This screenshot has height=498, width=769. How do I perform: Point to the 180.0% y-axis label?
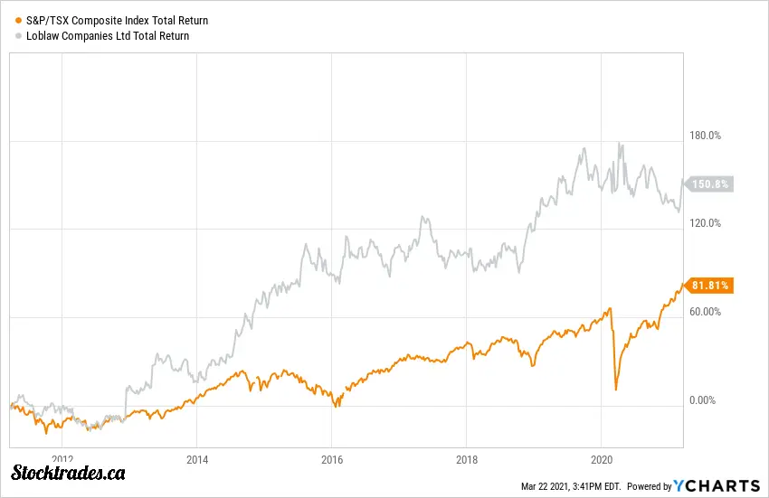(705, 136)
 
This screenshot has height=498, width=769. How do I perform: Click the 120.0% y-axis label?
(705, 223)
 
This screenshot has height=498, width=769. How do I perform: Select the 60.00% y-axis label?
(705, 312)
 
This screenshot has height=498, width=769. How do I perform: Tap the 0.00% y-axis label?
(707, 400)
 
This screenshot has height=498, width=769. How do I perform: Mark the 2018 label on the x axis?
(466, 459)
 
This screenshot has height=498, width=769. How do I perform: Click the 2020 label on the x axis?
(602, 459)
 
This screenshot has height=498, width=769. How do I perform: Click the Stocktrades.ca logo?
(68, 473)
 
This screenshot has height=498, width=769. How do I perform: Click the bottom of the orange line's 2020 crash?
(616, 390)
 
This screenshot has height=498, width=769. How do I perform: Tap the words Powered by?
(649, 486)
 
